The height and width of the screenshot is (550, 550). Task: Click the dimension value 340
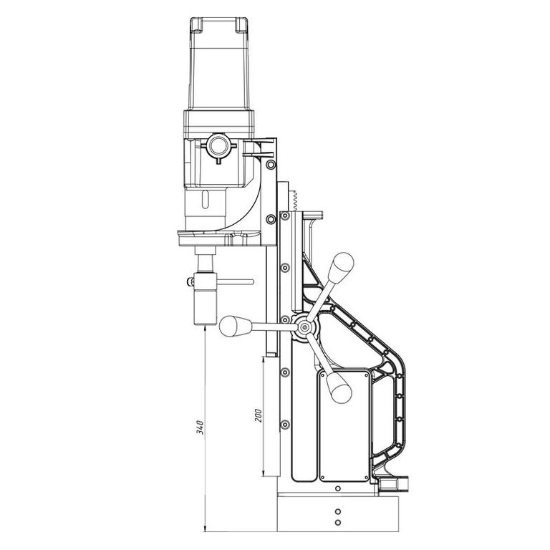tap(200, 427)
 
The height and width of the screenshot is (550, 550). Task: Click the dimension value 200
tap(258, 415)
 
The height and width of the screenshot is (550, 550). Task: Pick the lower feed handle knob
tap(339, 387)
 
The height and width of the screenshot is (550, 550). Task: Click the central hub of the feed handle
tap(304, 327)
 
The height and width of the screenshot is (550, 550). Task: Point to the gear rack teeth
tap(294, 201)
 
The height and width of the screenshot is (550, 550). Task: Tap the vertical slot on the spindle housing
tap(205, 200)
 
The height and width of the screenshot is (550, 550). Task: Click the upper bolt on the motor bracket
tap(271, 165)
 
